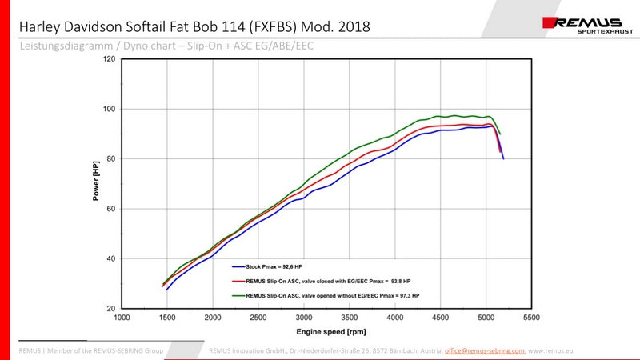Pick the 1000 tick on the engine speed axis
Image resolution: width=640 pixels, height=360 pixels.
(122, 318)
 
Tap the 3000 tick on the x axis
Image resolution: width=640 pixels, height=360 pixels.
(304, 318)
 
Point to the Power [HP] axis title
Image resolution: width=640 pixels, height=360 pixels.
(96, 183)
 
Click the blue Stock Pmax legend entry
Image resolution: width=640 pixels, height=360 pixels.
(257, 266)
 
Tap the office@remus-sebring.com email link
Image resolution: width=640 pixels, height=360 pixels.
(484, 350)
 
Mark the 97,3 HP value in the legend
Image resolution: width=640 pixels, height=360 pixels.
(406, 296)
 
